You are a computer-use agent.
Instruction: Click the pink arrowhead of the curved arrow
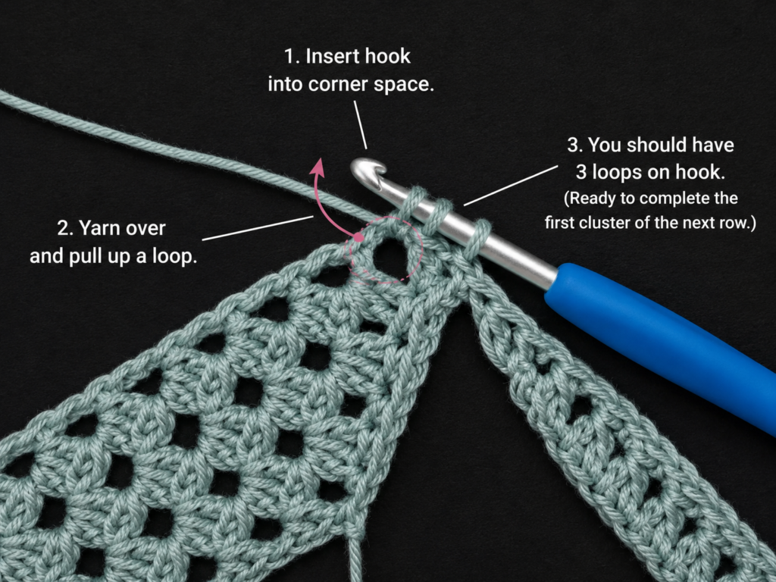click(318, 167)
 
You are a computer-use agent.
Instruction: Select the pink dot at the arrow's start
click(358, 238)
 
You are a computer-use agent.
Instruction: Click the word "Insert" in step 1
click(330, 56)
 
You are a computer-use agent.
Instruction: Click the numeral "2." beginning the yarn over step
click(65, 228)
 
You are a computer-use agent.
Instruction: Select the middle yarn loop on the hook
click(439, 217)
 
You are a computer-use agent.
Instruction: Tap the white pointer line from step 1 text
click(360, 125)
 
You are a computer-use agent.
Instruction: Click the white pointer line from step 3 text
click(510, 186)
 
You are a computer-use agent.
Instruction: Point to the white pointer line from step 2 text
click(258, 228)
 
